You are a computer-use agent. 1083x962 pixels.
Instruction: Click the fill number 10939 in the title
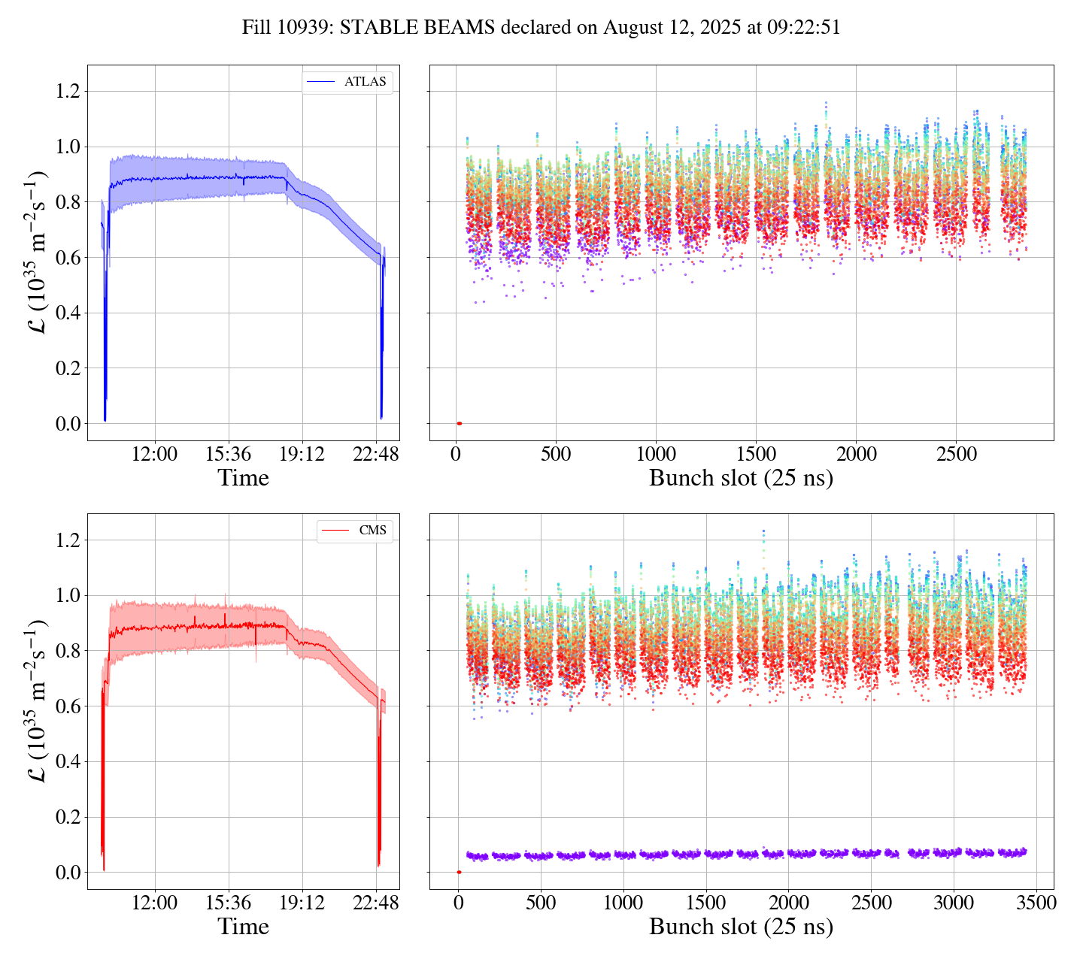click(x=309, y=28)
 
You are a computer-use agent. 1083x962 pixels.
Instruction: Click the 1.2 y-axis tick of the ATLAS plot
click(x=68, y=92)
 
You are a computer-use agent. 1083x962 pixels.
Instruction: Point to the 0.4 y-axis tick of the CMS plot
click(x=68, y=762)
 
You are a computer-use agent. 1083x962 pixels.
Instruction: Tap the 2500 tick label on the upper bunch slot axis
click(x=956, y=455)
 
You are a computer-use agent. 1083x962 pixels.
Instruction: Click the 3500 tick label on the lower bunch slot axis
click(x=1035, y=903)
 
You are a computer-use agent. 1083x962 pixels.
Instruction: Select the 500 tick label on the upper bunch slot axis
click(x=556, y=455)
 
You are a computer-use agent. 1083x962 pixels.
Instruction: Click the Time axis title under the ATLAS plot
click(x=243, y=479)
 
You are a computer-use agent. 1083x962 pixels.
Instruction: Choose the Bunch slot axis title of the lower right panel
click(x=741, y=927)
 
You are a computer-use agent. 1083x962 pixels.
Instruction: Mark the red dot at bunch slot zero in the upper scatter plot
click(x=459, y=424)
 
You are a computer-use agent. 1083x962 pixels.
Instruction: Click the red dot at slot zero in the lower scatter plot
click(x=459, y=873)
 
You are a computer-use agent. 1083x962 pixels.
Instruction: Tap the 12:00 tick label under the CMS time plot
click(x=155, y=903)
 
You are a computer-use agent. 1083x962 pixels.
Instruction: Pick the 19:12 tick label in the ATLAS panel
click(x=302, y=455)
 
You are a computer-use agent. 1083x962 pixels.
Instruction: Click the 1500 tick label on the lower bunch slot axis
click(x=705, y=903)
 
